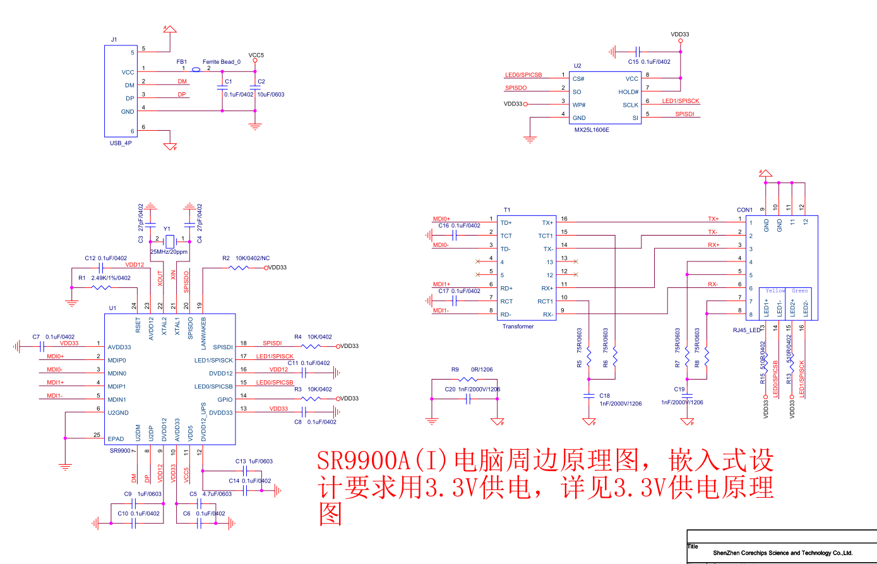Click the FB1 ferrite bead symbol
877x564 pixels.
pyautogui.click(x=196, y=69)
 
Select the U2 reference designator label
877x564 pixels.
pyautogui.click(x=577, y=66)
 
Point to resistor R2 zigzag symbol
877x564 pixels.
pyautogui.click(x=239, y=268)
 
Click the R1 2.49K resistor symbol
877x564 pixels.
pyautogui.click(x=101, y=288)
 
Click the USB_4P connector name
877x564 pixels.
pyautogui.click(x=121, y=143)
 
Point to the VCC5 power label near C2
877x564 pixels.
pyautogui.click(x=256, y=55)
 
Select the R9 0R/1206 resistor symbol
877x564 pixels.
pyautogui.click(x=466, y=380)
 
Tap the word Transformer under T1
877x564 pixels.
pyautogui.click(x=518, y=327)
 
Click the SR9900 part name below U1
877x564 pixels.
pyautogui.click(x=119, y=451)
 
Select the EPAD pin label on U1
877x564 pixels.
pyautogui.click(x=116, y=438)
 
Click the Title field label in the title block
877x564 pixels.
pyautogui.click(x=693, y=547)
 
